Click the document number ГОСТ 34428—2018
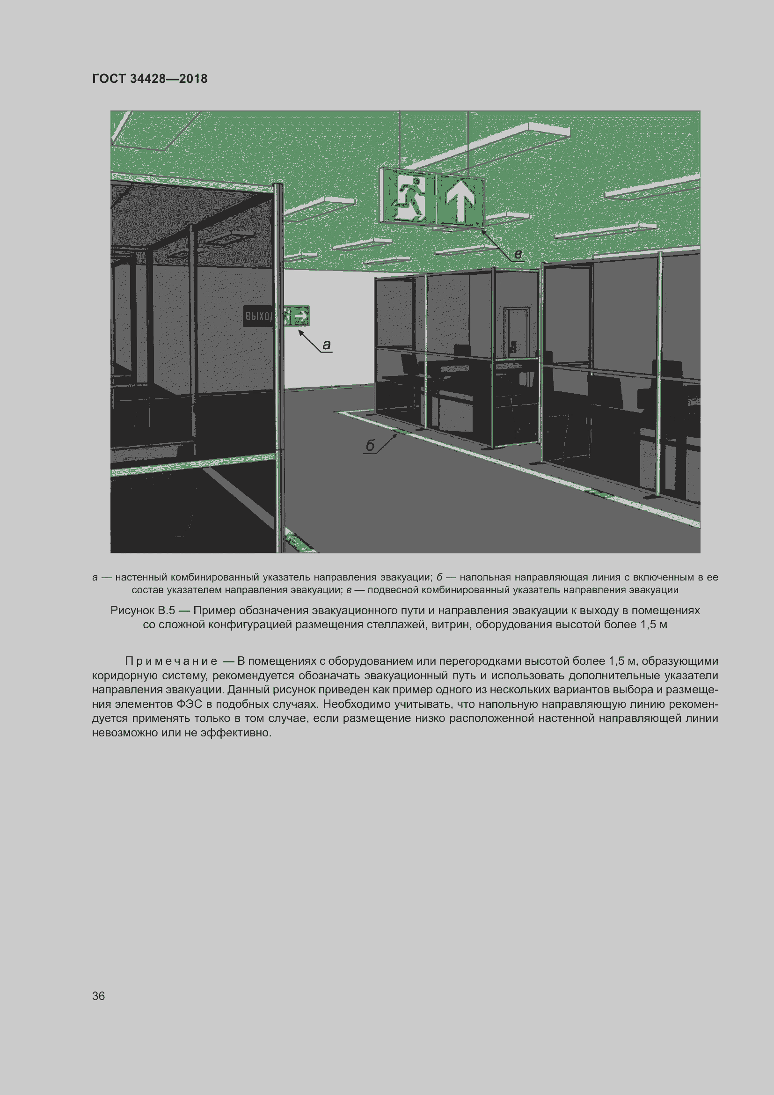(150, 79)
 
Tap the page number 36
(98, 996)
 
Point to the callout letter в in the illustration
(518, 254)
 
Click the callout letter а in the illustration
(327, 345)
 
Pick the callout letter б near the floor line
(370, 445)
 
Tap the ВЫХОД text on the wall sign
(259, 316)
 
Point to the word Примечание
(171, 661)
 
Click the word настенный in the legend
(141, 578)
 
